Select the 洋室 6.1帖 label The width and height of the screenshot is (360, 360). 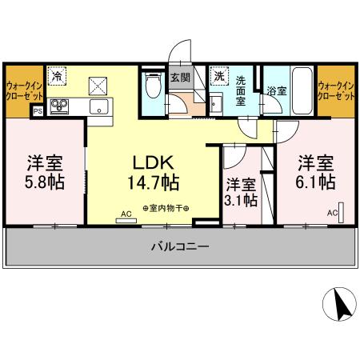(316, 171)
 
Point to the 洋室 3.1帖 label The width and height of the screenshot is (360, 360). (241, 190)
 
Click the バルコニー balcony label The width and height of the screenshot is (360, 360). (180, 247)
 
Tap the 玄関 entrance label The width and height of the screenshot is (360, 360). (180, 78)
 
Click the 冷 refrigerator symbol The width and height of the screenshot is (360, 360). (58, 76)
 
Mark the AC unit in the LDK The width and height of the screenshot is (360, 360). (126, 218)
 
